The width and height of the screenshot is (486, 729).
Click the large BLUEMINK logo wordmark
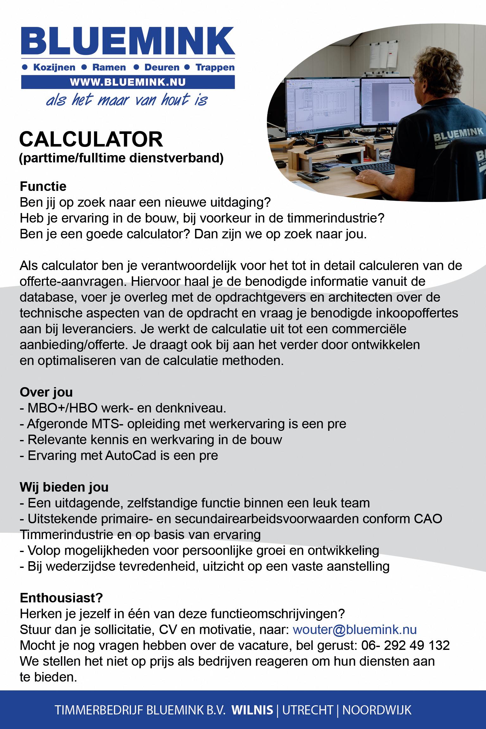tap(128, 42)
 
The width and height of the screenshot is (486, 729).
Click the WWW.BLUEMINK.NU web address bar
tap(128, 82)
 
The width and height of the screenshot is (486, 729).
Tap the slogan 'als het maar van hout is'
tap(127, 100)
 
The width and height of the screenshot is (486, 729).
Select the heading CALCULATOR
tap(91, 140)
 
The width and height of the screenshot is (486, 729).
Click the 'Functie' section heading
tap(43, 186)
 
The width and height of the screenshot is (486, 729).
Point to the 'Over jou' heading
tap(46, 392)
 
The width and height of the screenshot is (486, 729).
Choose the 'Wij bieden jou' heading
tap(64, 487)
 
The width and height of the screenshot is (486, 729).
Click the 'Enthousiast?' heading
tap(61, 598)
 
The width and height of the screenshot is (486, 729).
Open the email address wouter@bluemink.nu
tap(355, 630)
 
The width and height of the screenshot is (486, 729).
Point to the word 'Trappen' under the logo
tap(215, 67)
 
